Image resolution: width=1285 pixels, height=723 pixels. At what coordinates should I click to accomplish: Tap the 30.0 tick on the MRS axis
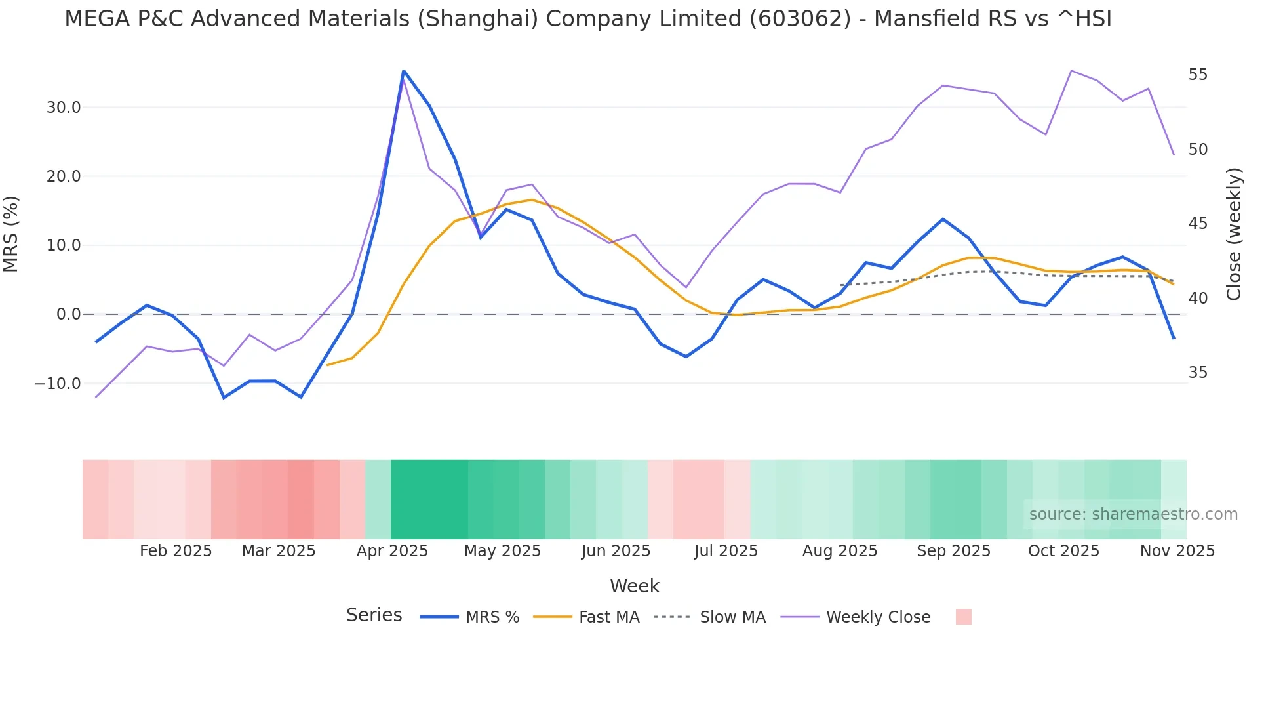(63, 108)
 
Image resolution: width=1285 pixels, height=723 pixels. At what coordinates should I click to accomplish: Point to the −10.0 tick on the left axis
(58, 384)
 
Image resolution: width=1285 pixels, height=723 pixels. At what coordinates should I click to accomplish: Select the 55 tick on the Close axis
(1198, 75)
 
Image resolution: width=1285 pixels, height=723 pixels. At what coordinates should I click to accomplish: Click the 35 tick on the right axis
(1198, 373)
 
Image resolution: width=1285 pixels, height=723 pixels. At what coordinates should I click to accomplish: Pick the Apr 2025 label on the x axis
(392, 551)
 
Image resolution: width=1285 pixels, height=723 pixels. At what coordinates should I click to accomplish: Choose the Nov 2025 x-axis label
(1177, 551)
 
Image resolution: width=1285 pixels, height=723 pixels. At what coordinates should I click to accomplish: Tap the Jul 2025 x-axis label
(726, 551)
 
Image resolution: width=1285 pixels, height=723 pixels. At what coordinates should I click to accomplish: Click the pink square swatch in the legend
(963, 617)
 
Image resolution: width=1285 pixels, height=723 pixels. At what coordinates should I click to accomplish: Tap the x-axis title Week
(635, 586)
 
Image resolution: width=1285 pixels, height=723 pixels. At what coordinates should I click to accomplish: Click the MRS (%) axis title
(11, 234)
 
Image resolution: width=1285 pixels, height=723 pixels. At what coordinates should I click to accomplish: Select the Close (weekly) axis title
(1234, 234)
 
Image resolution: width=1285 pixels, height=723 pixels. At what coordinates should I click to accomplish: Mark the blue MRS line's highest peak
(404, 71)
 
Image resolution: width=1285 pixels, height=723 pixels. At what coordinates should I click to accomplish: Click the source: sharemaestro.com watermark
(1133, 514)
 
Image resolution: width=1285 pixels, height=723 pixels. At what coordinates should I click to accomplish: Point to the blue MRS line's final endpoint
(1174, 338)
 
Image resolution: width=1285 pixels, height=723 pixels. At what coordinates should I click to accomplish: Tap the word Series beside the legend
(374, 615)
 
